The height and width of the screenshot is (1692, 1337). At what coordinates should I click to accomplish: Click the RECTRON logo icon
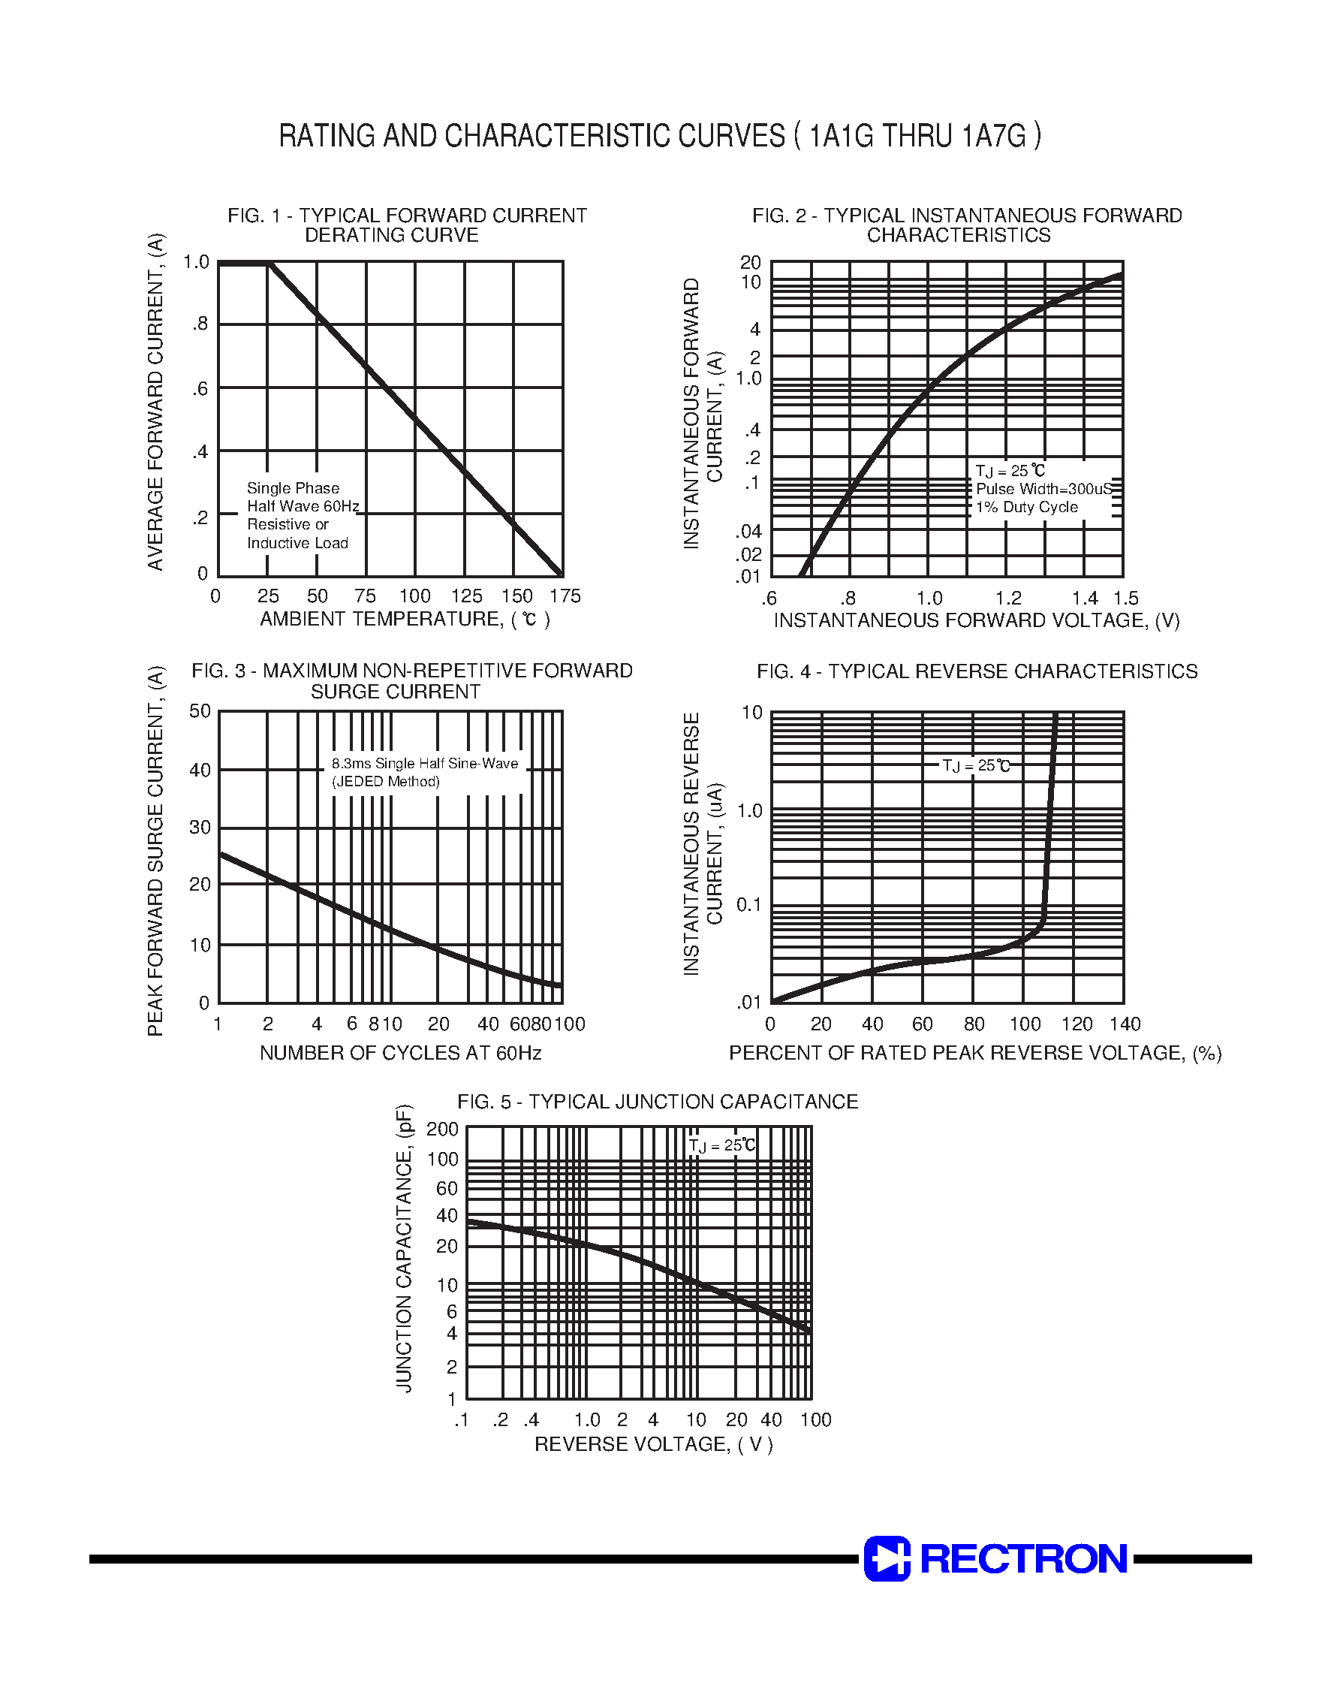tap(887, 1558)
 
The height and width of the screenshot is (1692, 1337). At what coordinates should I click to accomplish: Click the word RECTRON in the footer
tap(1023, 1559)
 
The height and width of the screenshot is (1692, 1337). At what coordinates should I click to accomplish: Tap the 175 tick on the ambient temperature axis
tap(565, 596)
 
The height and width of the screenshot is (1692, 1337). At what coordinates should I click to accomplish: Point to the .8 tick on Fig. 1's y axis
tap(200, 324)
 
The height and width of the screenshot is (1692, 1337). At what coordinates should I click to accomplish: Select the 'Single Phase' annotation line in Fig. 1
tap(293, 488)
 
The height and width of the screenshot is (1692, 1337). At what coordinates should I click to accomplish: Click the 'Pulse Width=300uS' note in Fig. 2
tap(1043, 489)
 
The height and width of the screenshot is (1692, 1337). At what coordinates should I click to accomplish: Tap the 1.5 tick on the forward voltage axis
tap(1125, 599)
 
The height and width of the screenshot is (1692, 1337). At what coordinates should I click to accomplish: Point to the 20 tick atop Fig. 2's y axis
tap(750, 262)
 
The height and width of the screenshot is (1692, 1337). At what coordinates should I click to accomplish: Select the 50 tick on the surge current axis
tap(200, 711)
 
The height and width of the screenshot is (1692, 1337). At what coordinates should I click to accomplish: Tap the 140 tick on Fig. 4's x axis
tap(1125, 1024)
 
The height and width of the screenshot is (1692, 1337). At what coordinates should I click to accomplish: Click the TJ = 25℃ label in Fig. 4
tap(976, 766)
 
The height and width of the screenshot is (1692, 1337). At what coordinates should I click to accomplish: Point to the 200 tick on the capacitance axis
tap(442, 1129)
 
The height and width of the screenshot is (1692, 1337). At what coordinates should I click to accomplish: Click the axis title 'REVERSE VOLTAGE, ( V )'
tap(654, 1444)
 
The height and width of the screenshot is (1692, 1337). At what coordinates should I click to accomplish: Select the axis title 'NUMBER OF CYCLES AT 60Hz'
tap(400, 1053)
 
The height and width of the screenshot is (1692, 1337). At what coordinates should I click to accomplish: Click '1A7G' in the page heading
tap(993, 136)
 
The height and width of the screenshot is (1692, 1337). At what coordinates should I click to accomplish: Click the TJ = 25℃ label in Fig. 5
tap(721, 1145)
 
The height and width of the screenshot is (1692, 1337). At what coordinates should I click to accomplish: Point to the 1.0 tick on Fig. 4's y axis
tap(749, 810)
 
